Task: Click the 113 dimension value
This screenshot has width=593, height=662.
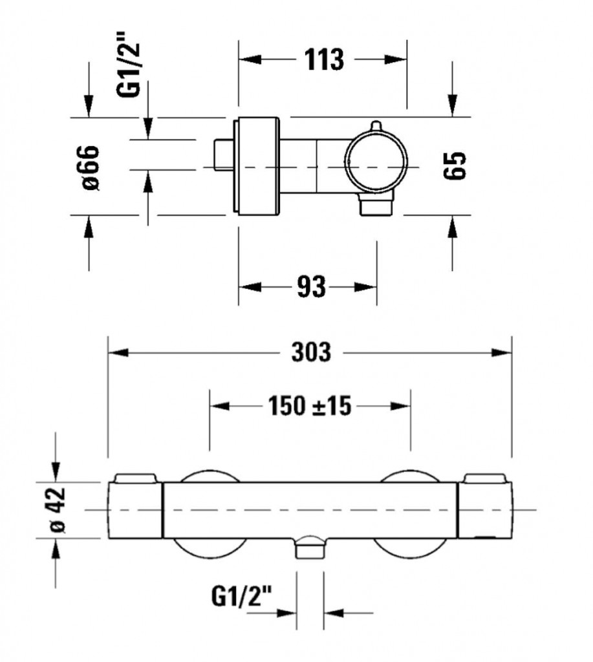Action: click(325, 59)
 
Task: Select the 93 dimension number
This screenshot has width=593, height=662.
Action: click(312, 286)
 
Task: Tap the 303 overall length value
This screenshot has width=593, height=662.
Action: click(311, 352)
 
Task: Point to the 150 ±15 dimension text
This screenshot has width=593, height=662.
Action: click(310, 406)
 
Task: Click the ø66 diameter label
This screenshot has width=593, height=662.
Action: click(90, 167)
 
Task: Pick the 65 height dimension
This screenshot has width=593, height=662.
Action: click(455, 165)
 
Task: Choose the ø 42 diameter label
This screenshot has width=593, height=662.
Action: click(58, 510)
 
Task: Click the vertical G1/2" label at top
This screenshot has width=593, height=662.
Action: click(128, 63)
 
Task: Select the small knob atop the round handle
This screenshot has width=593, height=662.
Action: click(376, 126)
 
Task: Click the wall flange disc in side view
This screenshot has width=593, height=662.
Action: click(256, 165)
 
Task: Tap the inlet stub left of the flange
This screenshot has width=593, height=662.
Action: click(222, 155)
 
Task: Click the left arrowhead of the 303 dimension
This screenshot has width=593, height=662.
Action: click(118, 352)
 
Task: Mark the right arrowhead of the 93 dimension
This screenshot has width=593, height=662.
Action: click(366, 287)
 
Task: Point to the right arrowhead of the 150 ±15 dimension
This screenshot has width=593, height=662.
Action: click(400, 406)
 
